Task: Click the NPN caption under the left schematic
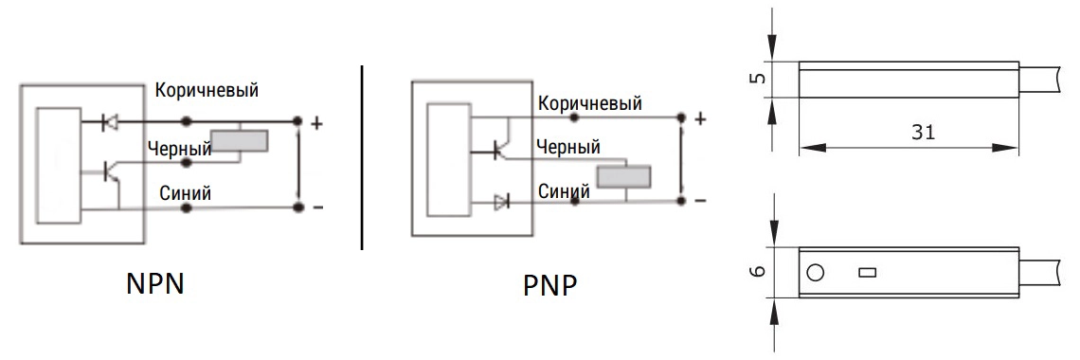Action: pos(155,283)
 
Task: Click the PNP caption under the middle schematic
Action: pos(549,286)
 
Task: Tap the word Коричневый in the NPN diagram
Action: pos(207,90)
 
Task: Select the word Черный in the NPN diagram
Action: pos(179,149)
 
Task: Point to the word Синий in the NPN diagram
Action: pos(186,193)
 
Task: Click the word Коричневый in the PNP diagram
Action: pos(589,103)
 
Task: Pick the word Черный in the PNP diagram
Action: pos(567,147)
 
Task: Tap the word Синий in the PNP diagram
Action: pos(564,190)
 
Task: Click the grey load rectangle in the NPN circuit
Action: pos(239,141)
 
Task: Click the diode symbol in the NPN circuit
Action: pos(109,122)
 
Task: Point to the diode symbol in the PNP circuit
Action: pos(501,202)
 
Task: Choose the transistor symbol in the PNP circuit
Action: pos(502,148)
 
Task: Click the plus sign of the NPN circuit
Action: pos(316,124)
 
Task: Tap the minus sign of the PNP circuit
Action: pos(700,201)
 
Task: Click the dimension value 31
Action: pos(923,133)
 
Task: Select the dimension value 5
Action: pos(757,78)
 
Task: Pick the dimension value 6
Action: pos(757,271)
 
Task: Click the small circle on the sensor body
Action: pos(815,273)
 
